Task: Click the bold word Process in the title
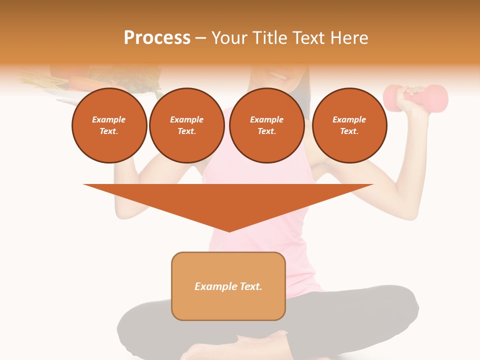pyautogui.click(x=157, y=38)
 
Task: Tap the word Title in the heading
pyautogui.click(x=269, y=38)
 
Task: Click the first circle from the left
pyautogui.click(x=109, y=125)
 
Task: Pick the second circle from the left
pyautogui.click(x=186, y=125)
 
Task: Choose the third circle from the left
pyautogui.click(x=266, y=125)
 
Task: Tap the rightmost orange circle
pyautogui.click(x=349, y=125)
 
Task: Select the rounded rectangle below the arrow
pyautogui.click(x=228, y=286)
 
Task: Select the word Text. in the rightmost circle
pyautogui.click(x=349, y=131)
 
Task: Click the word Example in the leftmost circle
pyautogui.click(x=109, y=120)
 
